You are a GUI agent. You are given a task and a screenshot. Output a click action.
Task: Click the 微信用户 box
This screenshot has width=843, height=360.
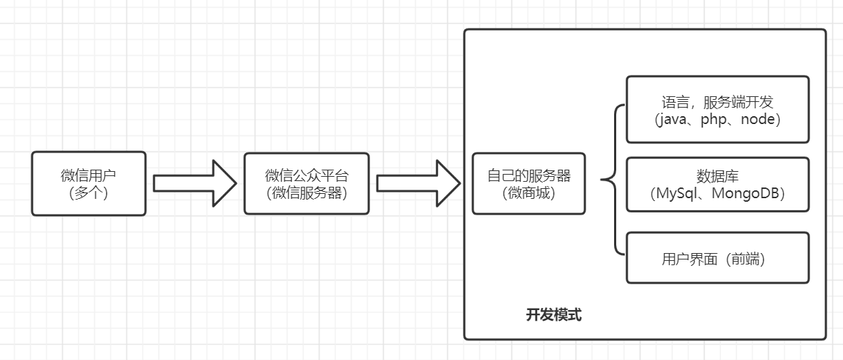[88, 183]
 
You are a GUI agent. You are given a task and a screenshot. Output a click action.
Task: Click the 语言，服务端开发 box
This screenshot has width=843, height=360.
[717, 109]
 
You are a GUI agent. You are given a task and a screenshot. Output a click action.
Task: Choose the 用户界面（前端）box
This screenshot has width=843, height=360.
[717, 257]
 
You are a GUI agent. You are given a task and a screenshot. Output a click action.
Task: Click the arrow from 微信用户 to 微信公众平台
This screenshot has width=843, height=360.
[194, 183]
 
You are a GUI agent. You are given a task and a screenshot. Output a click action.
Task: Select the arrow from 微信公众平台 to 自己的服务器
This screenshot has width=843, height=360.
[418, 183]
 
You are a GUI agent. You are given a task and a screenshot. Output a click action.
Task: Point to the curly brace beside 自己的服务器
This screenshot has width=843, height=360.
[611, 180]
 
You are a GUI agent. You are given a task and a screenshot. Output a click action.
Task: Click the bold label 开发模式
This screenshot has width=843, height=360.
[553, 315]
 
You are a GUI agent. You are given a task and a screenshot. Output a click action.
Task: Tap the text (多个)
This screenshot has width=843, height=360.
[88, 192]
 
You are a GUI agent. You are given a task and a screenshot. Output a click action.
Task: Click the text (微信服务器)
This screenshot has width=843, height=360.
[307, 192]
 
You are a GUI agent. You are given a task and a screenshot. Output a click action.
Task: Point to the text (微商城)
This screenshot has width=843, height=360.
[528, 192]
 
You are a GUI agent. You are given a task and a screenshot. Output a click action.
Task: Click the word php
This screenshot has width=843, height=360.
[715, 119]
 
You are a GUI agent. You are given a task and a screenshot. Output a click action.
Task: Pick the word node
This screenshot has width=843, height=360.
[757, 119]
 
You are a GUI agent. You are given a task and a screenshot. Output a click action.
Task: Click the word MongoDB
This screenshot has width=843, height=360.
[747, 193]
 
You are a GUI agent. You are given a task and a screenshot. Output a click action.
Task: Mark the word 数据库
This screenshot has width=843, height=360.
[717, 176]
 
